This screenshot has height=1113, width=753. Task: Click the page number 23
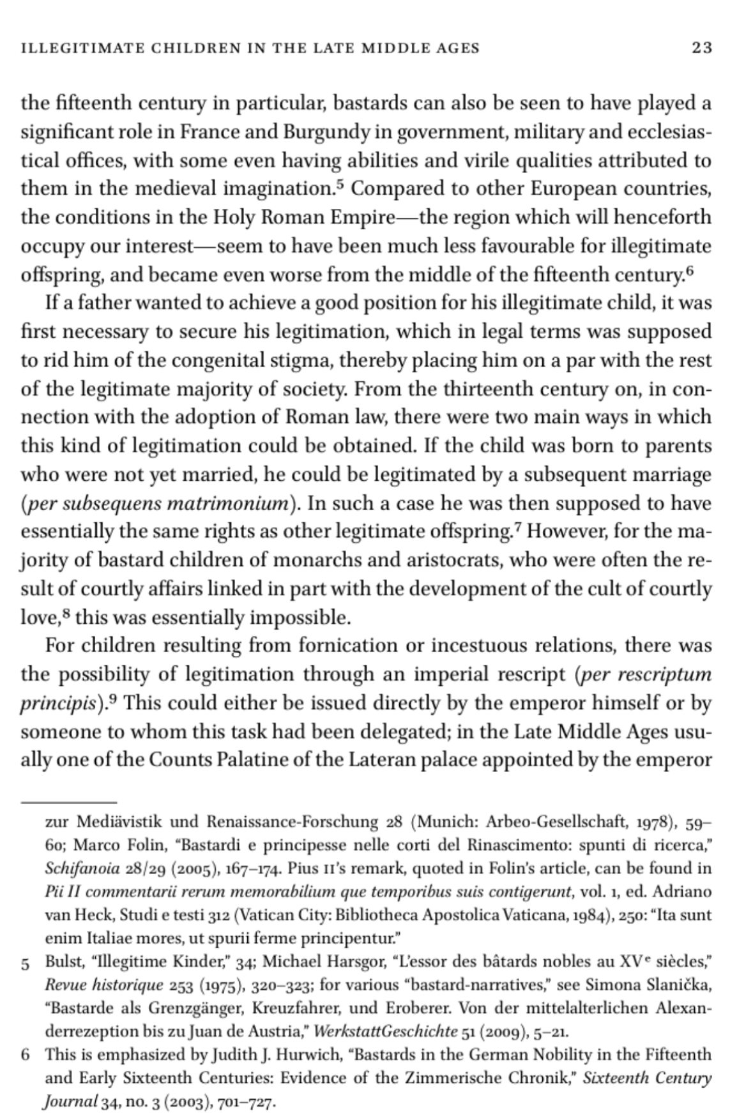[701, 48]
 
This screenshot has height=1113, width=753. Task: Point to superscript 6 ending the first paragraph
[688, 271]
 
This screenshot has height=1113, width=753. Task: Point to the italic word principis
[58, 704]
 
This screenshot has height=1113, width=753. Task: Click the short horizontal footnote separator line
[69, 801]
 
